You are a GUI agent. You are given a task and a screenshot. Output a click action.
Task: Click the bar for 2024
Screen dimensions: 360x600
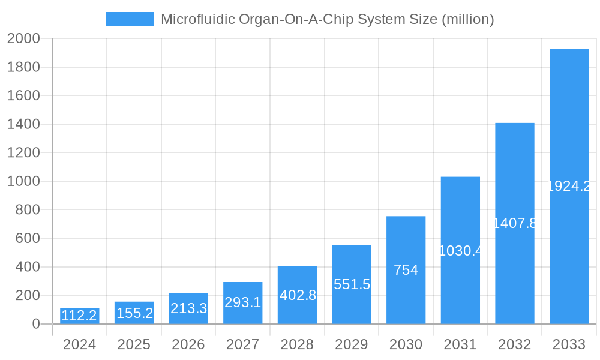pyautogui.click(x=79, y=316)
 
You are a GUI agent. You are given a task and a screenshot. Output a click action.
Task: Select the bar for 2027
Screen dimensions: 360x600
pyautogui.click(x=242, y=303)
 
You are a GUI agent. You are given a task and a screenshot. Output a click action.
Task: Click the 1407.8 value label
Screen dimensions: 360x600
pyautogui.click(x=514, y=223)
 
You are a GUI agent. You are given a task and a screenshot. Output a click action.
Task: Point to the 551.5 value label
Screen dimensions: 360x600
pyautogui.click(x=352, y=284)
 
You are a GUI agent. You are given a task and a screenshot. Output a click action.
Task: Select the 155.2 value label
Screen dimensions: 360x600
pyautogui.click(x=134, y=313)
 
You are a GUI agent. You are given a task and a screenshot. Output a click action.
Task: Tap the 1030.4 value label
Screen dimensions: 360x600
pyautogui.click(x=460, y=251)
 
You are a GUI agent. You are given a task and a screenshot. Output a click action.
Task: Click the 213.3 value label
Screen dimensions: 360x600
pyautogui.click(x=188, y=308)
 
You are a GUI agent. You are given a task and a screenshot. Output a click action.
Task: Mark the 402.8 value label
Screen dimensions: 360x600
pyautogui.click(x=298, y=295)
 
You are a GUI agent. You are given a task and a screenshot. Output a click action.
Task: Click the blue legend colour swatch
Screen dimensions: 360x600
pyautogui.click(x=129, y=19)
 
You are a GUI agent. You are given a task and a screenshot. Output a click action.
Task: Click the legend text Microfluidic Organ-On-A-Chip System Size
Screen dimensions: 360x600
pyautogui.click(x=327, y=19)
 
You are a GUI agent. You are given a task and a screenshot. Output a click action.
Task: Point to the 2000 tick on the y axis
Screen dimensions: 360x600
pyautogui.click(x=23, y=38)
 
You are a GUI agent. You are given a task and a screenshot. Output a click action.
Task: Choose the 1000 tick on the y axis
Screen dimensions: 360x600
pyautogui.click(x=23, y=181)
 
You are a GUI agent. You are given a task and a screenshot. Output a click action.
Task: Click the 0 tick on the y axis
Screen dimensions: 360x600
pyautogui.click(x=35, y=324)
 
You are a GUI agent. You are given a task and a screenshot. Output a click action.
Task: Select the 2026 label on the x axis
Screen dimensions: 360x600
pyautogui.click(x=188, y=344)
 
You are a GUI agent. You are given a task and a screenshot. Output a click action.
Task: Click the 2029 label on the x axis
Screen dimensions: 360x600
pyautogui.click(x=352, y=344)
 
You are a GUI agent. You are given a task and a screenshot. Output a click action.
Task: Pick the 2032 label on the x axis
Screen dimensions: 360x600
pyautogui.click(x=514, y=344)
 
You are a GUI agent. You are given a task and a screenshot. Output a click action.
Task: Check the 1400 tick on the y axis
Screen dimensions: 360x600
pyautogui.click(x=23, y=124)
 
